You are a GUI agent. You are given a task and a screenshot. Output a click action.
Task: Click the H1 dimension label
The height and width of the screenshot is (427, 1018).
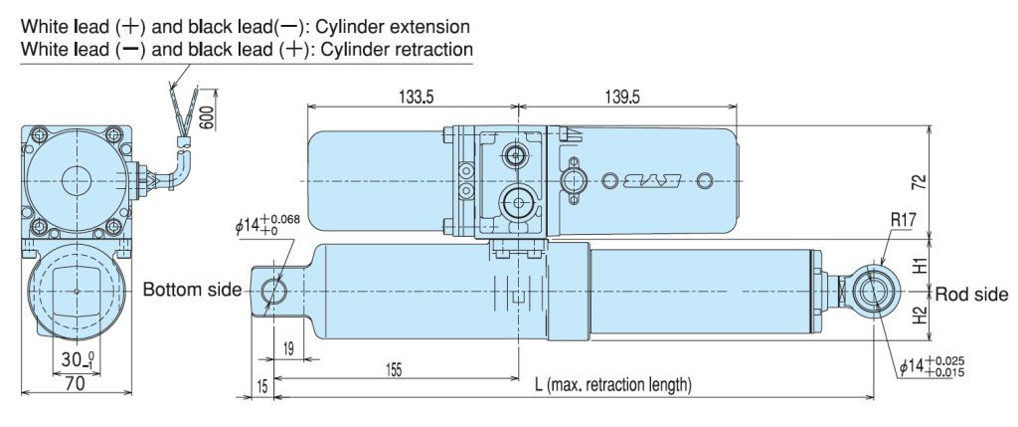(x=921, y=266)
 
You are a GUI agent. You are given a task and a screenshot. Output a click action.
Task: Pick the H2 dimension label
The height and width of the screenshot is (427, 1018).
(x=921, y=318)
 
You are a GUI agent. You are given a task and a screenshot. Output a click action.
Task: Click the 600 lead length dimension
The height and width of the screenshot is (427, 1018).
(x=206, y=116)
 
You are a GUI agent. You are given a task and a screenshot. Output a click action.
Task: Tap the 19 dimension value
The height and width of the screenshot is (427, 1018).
(x=286, y=349)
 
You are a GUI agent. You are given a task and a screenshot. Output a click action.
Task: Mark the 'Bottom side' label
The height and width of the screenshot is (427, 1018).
(x=192, y=290)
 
